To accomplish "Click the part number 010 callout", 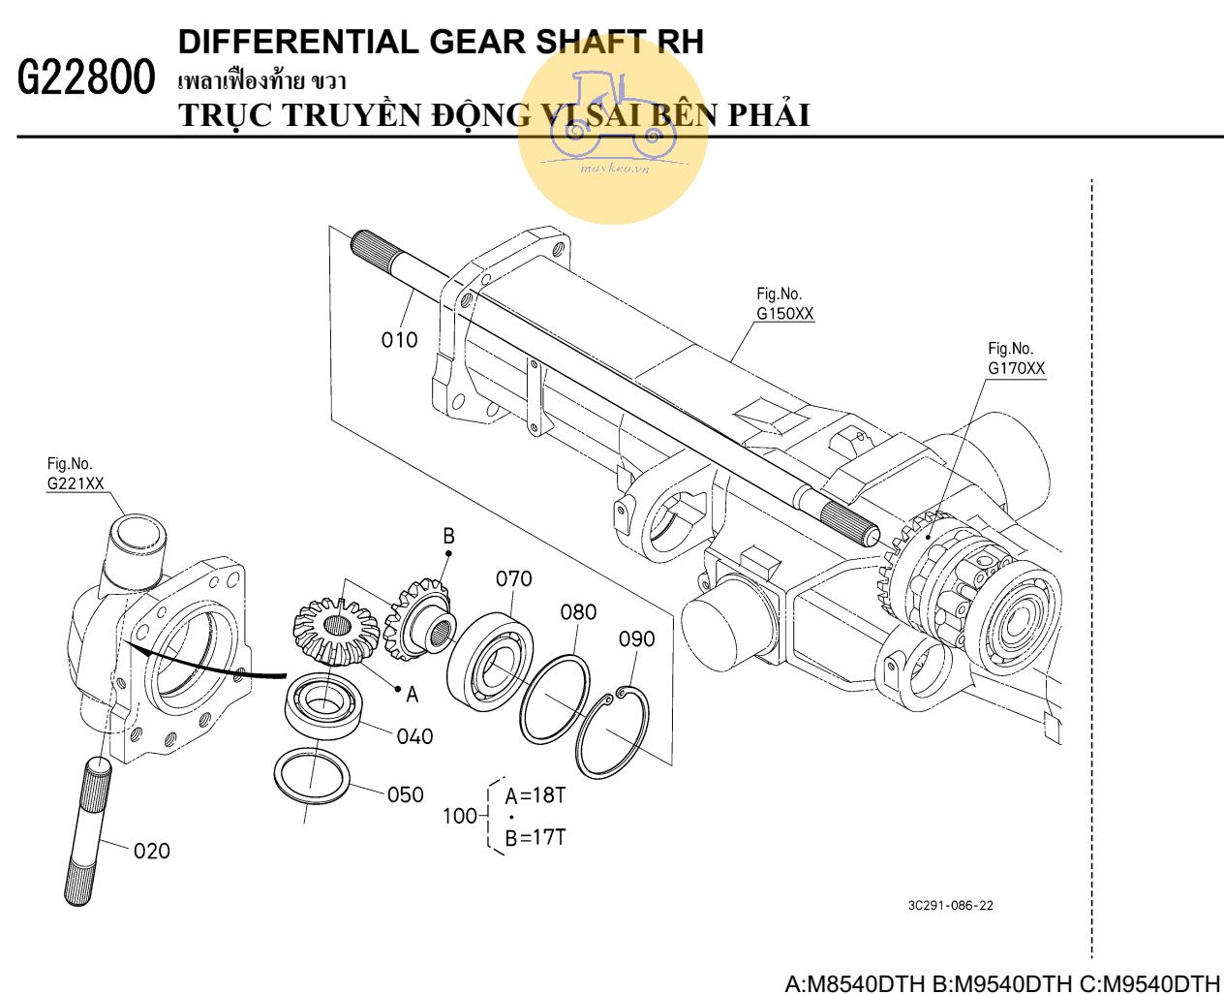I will pyautogui.click(x=399, y=340).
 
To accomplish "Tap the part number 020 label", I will pyautogui.click(x=151, y=852).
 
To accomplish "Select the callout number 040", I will pyautogui.click(x=414, y=737).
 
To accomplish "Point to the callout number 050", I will pyautogui.click(x=405, y=795).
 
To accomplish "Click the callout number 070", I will pyautogui.click(x=513, y=579).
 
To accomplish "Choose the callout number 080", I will pyautogui.click(x=578, y=612).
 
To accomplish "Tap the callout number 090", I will pyautogui.click(x=636, y=639).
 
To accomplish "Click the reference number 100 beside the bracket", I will pyautogui.click(x=459, y=816).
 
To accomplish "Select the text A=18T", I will pyautogui.click(x=535, y=796).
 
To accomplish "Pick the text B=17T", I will pyautogui.click(x=535, y=837).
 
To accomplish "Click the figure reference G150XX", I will pyautogui.click(x=784, y=314).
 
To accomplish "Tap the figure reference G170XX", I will pyautogui.click(x=1016, y=369).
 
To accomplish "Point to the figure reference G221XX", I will pyautogui.click(x=76, y=483).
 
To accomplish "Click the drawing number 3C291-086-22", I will pyautogui.click(x=950, y=906).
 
